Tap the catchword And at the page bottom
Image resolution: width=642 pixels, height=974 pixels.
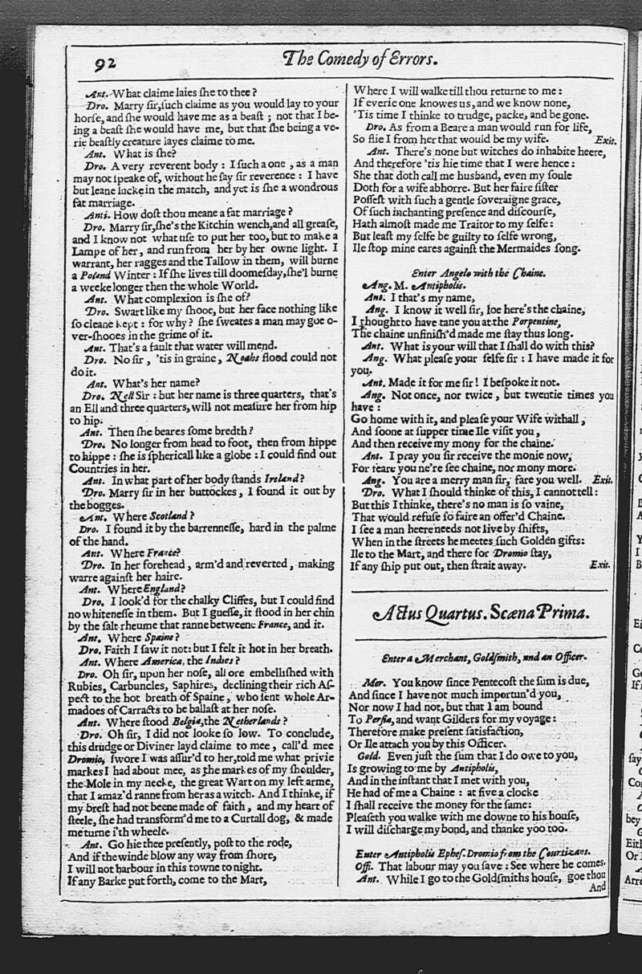click(598, 887)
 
